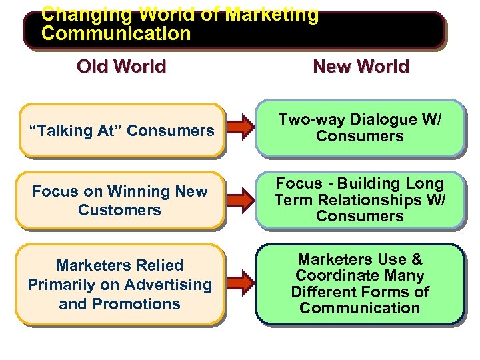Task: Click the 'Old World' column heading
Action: (121, 67)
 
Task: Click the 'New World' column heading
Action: (361, 67)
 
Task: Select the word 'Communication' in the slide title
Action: (116, 33)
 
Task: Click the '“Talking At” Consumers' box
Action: (121, 131)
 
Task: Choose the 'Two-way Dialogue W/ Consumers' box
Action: (360, 128)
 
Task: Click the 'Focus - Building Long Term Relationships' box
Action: (360, 200)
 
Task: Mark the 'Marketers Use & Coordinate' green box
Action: (360, 284)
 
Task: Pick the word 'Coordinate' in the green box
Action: (360, 275)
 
